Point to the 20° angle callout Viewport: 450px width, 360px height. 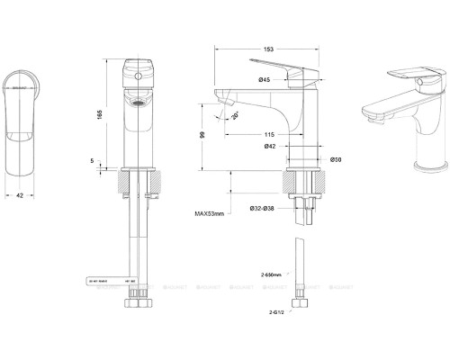point(235,115)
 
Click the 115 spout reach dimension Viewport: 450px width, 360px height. point(268,133)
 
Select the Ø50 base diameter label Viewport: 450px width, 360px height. point(334,160)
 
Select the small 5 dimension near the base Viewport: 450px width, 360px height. point(93,161)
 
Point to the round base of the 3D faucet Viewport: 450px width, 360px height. point(422,164)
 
